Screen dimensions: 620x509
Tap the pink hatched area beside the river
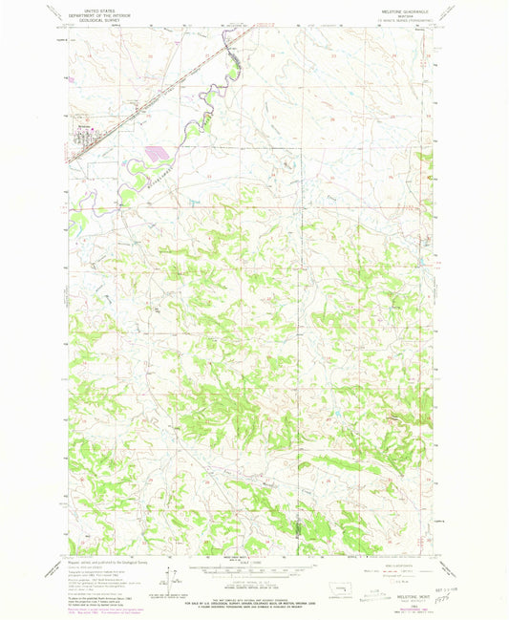pyautogui.click(x=159, y=151)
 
